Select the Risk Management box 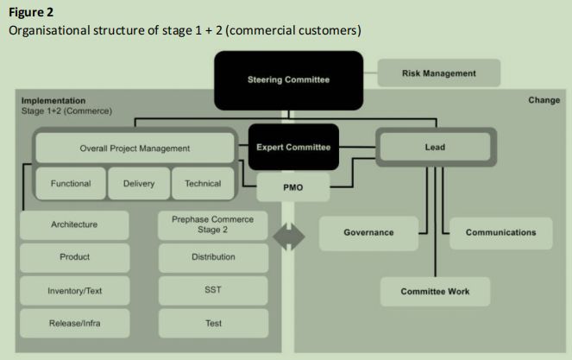[x=438, y=74]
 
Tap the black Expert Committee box [x=293, y=148]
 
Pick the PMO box [x=293, y=186]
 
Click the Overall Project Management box [x=135, y=148]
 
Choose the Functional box [x=71, y=183]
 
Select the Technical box [x=203, y=183]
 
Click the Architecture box [x=74, y=225]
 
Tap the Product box [x=74, y=257]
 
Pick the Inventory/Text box [x=74, y=290]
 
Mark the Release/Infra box [x=74, y=324]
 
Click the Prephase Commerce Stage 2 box [x=213, y=225]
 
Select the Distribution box [x=213, y=257]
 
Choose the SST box [x=213, y=290]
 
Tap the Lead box [x=435, y=148]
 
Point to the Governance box [x=368, y=232]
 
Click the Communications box [x=500, y=232]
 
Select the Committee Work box [x=435, y=291]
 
